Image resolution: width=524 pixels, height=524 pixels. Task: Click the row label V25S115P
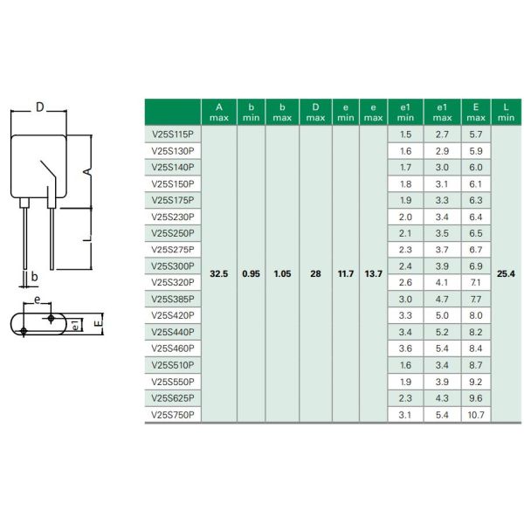pos(173,134)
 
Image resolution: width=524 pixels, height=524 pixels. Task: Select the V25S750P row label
pos(173,415)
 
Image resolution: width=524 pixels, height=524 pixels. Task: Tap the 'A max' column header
pos(219,113)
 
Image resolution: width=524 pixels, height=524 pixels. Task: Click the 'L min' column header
pos(506,113)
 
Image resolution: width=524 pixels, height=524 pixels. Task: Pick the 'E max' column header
pos(476,113)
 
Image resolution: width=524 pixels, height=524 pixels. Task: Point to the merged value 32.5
pos(219,273)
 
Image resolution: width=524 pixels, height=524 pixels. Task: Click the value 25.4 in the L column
pos(506,273)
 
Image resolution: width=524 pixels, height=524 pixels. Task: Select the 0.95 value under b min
pos(251,273)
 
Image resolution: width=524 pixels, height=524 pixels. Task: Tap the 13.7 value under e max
pos(373,273)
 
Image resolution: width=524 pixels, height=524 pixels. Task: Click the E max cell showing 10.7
pos(476,415)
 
